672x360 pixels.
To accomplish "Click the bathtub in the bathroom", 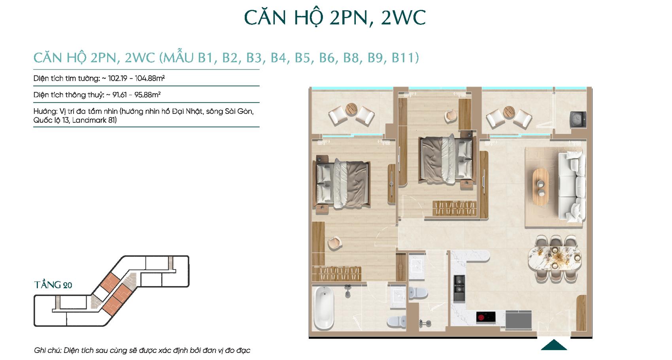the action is click(324, 308).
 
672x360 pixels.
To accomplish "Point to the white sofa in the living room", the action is click(572, 187).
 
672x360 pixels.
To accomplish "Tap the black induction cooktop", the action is click(486, 317).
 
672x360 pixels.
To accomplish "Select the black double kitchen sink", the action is click(459, 288).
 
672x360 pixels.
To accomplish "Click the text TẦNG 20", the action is click(53, 285).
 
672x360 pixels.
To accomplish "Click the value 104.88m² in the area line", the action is click(150, 78).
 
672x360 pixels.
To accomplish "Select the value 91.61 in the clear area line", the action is click(119, 95).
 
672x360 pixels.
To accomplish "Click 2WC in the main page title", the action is click(403, 18).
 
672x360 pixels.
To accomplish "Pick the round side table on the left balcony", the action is click(351, 109).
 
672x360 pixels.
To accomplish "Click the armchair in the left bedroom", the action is click(334, 243).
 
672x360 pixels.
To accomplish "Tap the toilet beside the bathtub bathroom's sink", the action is click(396, 322).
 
